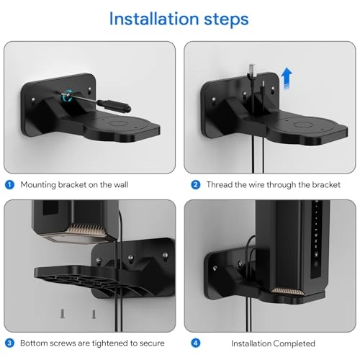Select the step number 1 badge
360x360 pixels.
click(9, 184)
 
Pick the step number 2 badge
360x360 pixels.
click(196, 184)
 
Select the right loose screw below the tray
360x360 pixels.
click(93, 315)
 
